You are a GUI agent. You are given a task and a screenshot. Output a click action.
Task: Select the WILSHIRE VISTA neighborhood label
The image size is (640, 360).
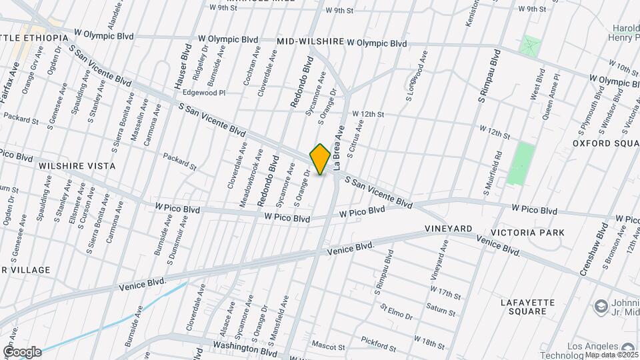pos(77,166)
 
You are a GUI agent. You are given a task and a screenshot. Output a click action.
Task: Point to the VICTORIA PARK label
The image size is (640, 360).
pos(527,233)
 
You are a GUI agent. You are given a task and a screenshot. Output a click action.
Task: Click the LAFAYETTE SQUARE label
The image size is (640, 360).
pos(527,307)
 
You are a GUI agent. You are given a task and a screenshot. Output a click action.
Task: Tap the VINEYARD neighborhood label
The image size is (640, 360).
pos(448,229)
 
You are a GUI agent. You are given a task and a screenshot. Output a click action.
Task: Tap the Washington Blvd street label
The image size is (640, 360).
pos(245,347)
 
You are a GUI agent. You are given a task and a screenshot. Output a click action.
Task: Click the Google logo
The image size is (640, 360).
pos(22,352)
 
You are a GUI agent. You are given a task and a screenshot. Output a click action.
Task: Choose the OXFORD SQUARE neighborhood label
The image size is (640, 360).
pos(607,143)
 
